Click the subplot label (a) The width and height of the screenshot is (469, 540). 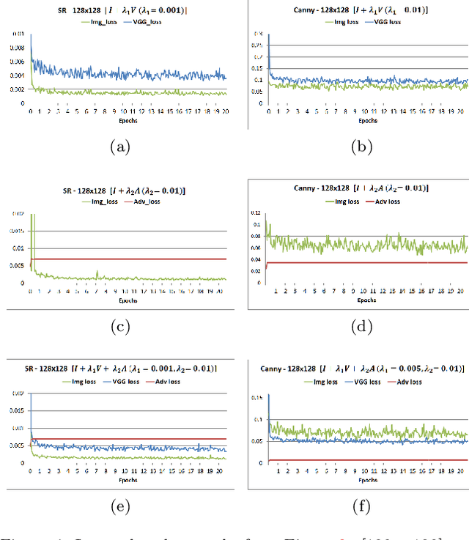[x=119, y=147]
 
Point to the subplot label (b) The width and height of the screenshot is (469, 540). [x=360, y=147]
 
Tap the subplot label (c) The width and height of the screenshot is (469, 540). [x=119, y=327]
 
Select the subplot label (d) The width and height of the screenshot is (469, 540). [x=360, y=327]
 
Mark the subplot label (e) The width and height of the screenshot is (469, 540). [x=119, y=506]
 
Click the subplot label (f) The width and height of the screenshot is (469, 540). [x=360, y=506]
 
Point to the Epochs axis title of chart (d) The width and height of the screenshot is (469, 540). [x=367, y=300]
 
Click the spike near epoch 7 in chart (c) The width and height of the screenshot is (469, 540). [x=97, y=273]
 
